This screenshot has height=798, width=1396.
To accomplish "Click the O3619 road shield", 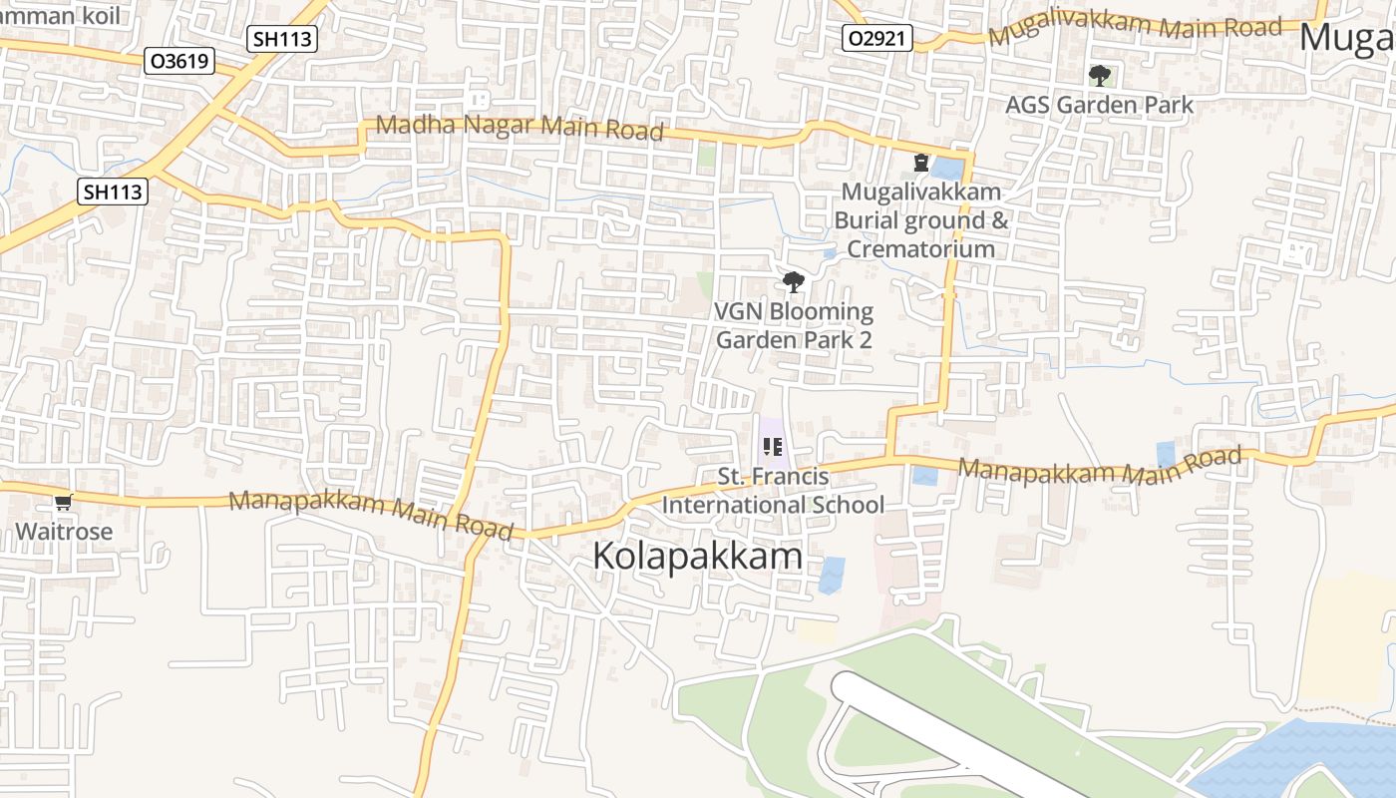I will [x=180, y=61].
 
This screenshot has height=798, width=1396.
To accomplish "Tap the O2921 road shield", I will [x=877, y=39].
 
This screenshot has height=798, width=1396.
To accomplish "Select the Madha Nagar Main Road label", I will [x=520, y=128].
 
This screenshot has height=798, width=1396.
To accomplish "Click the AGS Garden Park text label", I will [x=1099, y=105].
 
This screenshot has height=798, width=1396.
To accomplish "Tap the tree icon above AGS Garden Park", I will [x=1100, y=75].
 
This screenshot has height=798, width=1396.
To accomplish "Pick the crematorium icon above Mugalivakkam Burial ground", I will [x=920, y=162].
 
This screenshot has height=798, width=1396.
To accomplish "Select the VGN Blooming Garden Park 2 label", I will [x=794, y=325].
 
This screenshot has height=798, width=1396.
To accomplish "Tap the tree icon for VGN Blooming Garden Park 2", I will [x=794, y=282].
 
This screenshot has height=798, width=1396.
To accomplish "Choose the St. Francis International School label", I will [x=773, y=491].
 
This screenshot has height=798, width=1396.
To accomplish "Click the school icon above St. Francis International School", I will [x=772, y=447].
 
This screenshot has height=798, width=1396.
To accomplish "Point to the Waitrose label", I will [x=64, y=531].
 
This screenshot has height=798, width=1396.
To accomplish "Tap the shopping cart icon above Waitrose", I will [x=64, y=502].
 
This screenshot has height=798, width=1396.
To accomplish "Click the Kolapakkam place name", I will [x=697, y=556].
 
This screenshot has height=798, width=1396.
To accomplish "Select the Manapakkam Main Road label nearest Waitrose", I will [x=371, y=513].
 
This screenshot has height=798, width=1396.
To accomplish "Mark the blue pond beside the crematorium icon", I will [x=948, y=168].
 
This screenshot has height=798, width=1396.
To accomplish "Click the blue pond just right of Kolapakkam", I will [x=832, y=575].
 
